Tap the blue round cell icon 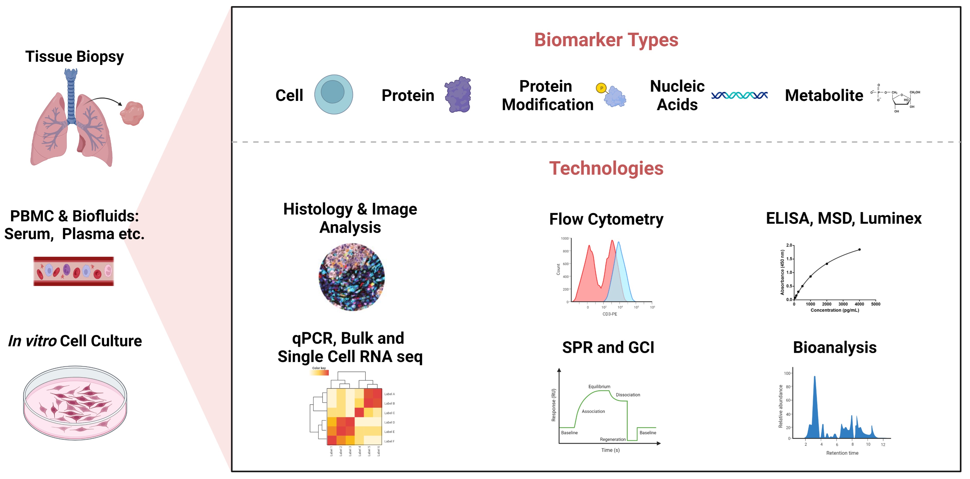(333, 94)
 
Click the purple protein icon (458, 94)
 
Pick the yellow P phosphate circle (601, 88)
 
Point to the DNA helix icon (739, 95)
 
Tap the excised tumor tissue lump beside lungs (132, 113)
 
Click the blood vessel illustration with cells (74, 271)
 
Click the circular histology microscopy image (352, 277)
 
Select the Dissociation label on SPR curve (628, 395)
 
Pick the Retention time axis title (842, 453)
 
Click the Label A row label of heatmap (389, 394)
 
